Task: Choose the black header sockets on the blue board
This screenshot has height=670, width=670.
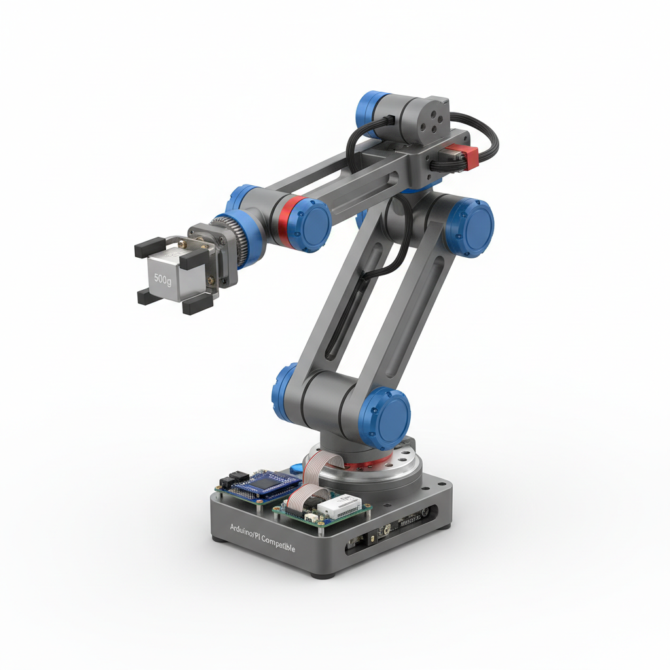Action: (x=232, y=480)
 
